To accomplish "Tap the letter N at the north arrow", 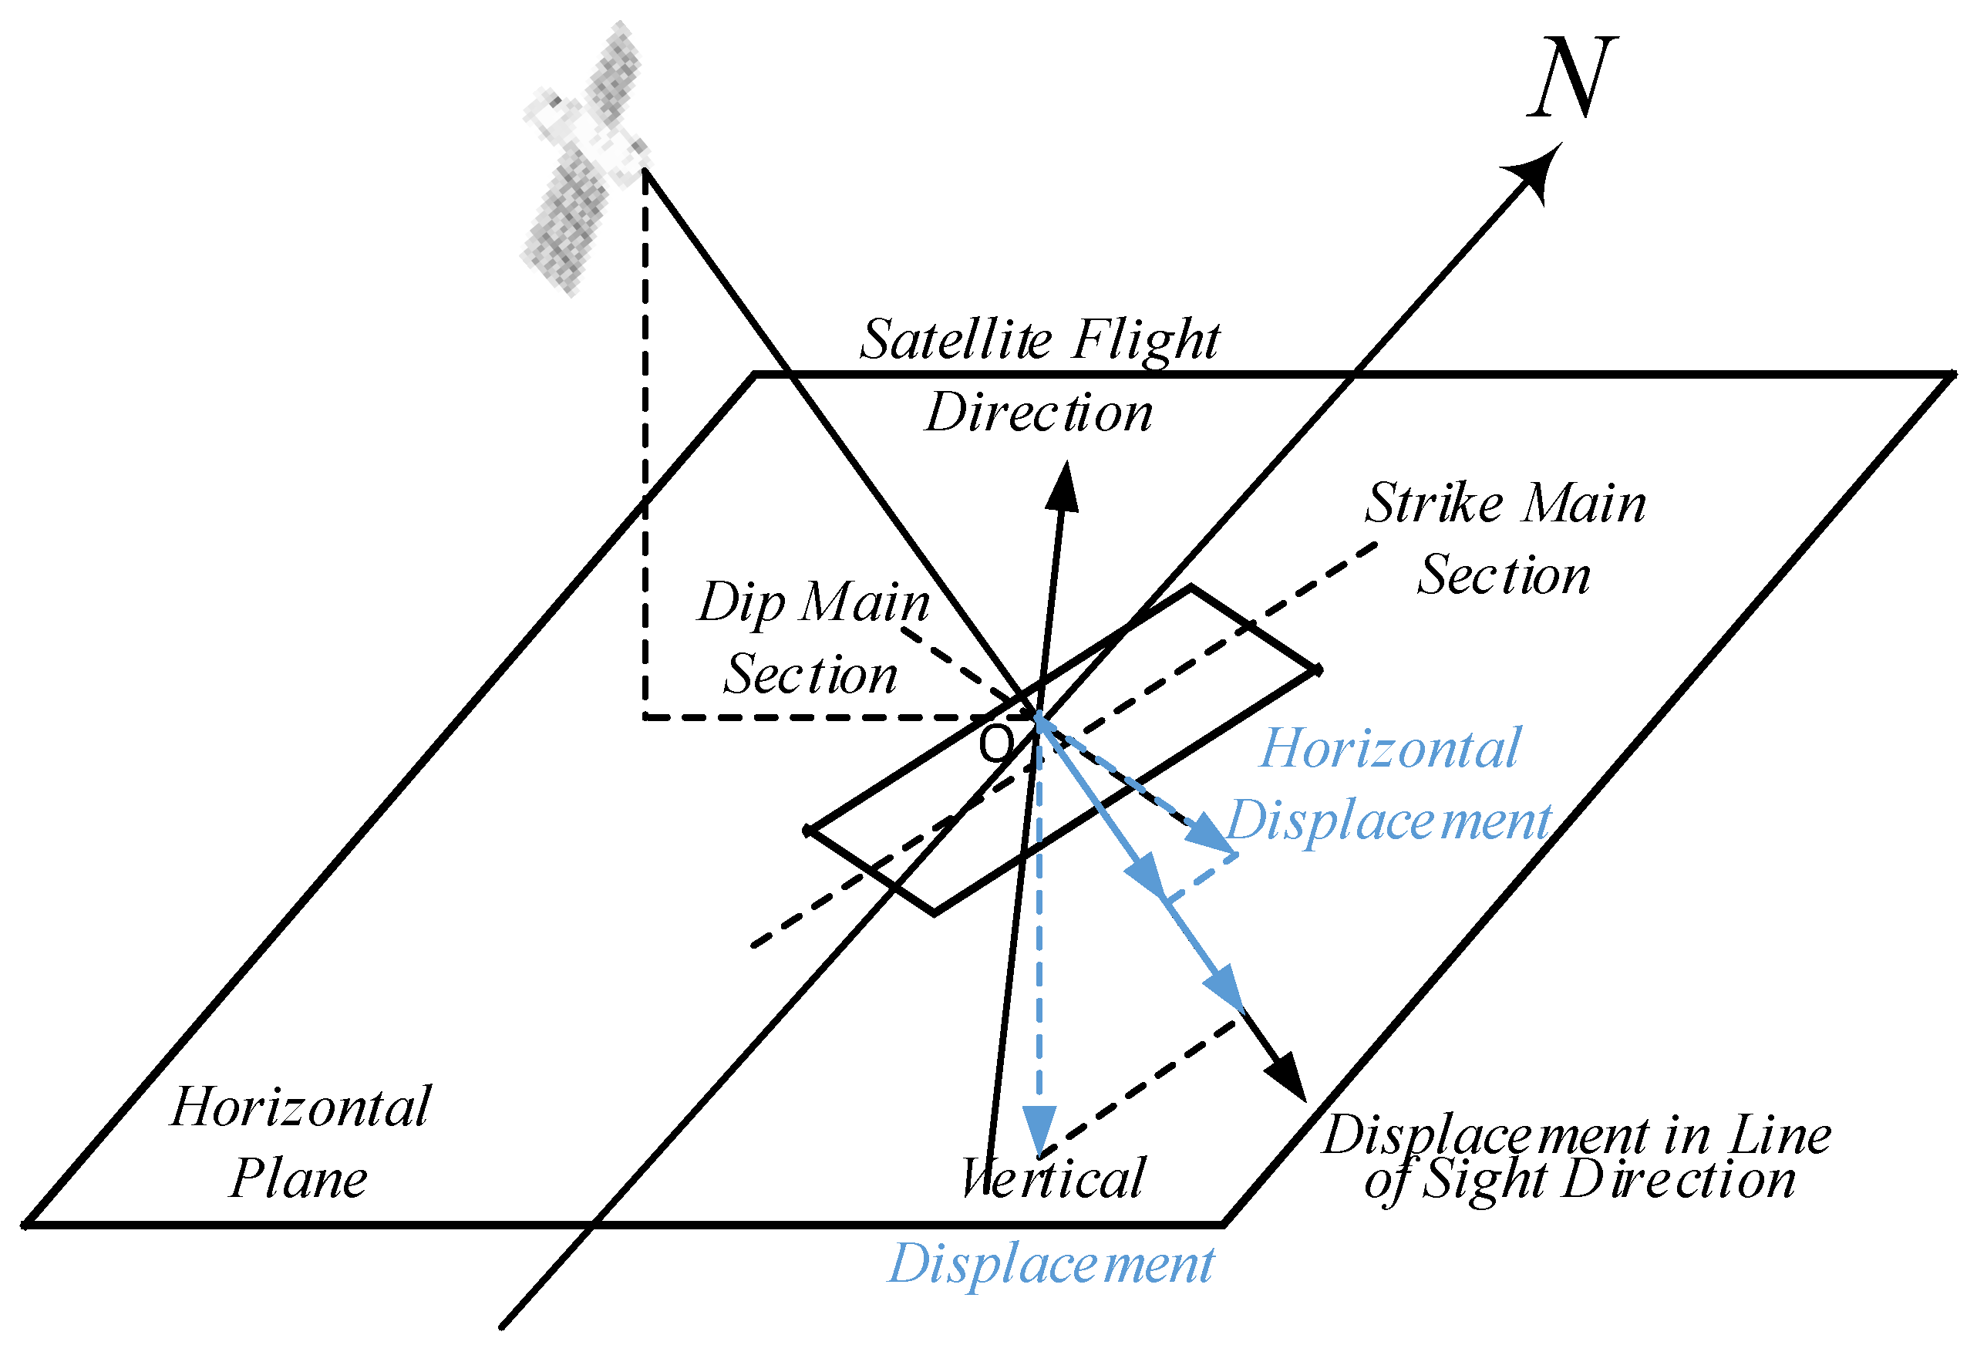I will pos(1572,79).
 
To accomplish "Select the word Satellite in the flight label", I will pos(955,339).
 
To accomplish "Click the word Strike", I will pos(1433,504).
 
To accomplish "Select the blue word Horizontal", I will pos(1390,750).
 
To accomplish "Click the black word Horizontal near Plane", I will pos(301,1108).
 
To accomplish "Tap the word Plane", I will pos(298,1180).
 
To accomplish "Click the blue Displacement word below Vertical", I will pos(1051,1265).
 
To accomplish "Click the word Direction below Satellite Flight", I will pos(1039,414).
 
